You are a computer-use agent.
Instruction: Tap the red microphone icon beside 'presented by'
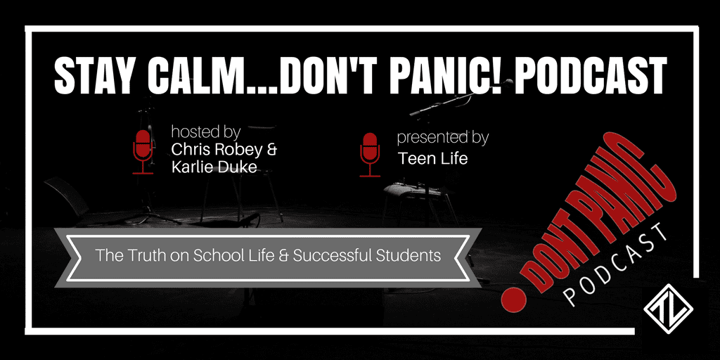370,155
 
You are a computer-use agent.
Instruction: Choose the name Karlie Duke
214,167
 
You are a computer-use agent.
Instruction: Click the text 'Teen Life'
433,158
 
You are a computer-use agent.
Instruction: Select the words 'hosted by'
206,132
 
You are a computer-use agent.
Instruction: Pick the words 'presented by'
443,138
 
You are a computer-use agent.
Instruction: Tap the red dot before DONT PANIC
513,301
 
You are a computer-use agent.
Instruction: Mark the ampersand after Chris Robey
272,150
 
